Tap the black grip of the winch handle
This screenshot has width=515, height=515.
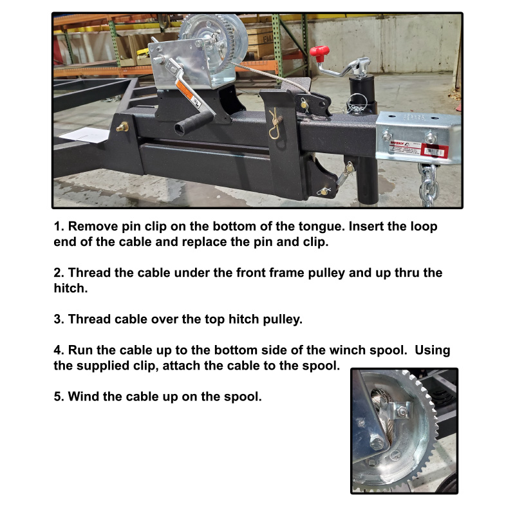point(194,122)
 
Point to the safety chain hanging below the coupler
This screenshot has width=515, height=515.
point(429,185)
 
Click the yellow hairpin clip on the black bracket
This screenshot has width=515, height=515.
point(275,124)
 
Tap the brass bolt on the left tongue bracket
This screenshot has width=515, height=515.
point(122,126)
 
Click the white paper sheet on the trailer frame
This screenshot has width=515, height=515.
point(85,135)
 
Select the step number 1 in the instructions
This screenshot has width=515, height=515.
point(59,227)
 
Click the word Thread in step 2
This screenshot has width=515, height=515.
point(89,272)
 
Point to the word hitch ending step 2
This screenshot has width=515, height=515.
point(71,288)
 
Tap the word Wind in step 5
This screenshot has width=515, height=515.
point(84,397)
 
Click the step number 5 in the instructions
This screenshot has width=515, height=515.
point(59,397)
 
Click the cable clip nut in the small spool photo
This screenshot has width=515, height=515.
point(400,411)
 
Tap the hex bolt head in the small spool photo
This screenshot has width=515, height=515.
point(377,444)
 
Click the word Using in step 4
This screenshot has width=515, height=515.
point(432,351)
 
